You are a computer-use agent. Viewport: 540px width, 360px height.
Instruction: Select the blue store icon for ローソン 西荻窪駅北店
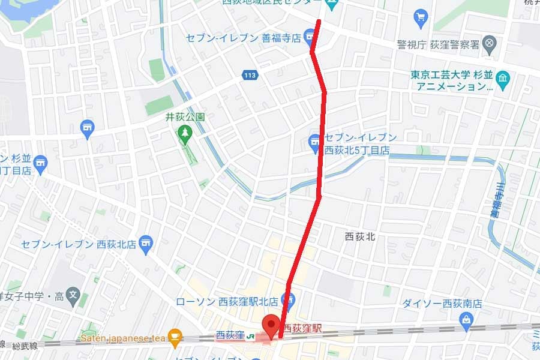288,302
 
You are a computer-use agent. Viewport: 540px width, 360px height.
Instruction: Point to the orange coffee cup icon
175,336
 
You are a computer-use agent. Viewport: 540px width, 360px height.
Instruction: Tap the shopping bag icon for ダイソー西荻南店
467,319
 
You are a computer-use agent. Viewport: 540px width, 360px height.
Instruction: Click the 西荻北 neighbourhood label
361,236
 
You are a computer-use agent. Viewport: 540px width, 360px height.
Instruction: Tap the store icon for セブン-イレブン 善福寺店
310,38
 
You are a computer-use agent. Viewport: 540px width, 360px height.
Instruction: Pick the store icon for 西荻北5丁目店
314,143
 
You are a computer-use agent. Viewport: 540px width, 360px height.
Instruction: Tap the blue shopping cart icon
421,16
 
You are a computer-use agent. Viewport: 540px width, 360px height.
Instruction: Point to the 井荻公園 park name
185,117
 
